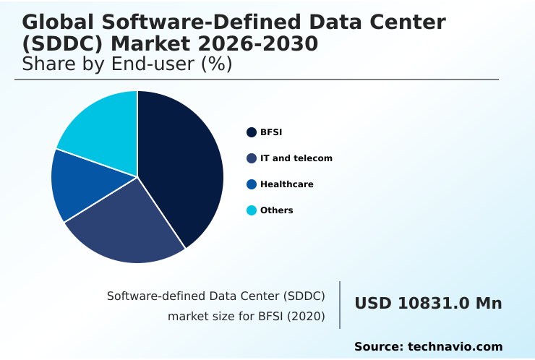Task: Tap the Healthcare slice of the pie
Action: coord(83,184)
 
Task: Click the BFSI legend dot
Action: coord(252,132)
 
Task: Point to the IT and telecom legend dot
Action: coord(252,158)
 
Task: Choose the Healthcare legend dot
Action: coord(252,184)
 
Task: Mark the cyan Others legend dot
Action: coord(252,210)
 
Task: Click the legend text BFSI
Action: coord(271,132)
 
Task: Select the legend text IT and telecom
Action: coord(296,158)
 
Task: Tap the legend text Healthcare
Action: coord(287,184)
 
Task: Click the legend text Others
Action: coord(277,210)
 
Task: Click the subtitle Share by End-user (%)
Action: coord(127,64)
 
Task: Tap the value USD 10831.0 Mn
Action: coord(428,304)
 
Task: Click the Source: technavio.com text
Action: coord(428,347)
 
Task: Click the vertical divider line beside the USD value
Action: coord(340,305)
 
